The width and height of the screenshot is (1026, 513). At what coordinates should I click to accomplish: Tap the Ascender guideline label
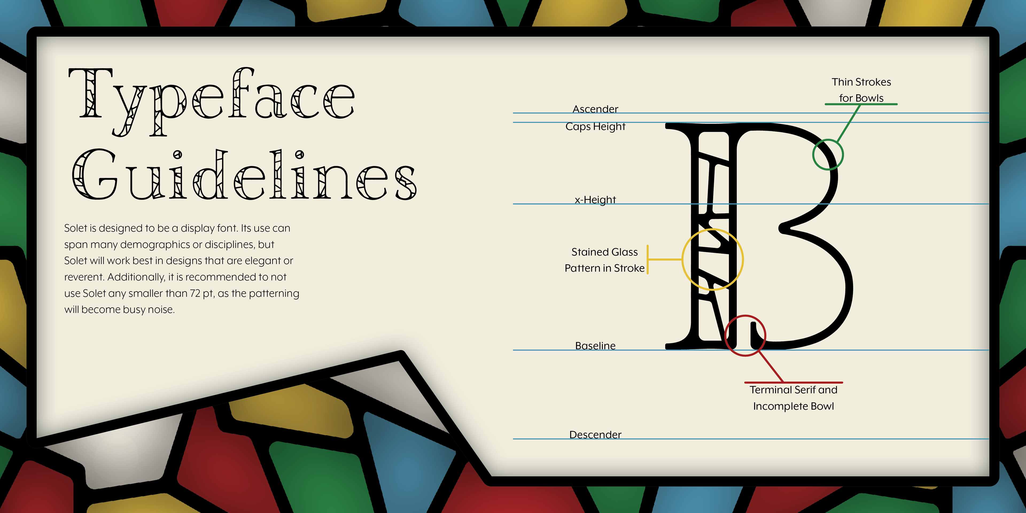595,109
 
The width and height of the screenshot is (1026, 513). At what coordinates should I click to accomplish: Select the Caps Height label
595,127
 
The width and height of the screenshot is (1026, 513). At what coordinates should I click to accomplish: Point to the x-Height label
595,200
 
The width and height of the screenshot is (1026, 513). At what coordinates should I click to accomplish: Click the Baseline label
595,346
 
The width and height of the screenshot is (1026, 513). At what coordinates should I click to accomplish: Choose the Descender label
595,434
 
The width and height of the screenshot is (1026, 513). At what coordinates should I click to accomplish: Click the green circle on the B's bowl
828,154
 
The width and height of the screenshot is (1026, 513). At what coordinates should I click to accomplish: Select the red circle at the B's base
745,335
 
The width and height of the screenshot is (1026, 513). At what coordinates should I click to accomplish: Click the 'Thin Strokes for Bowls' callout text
861,90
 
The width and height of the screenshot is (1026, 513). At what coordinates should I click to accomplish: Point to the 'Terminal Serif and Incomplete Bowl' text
793,398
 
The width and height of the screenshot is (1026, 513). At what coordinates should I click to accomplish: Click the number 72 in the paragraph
195,293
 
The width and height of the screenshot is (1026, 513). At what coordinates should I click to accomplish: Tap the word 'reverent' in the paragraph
83,277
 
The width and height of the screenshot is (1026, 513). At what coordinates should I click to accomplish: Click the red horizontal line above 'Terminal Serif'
793,382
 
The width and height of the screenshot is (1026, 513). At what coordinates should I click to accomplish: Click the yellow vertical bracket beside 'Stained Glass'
648,259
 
